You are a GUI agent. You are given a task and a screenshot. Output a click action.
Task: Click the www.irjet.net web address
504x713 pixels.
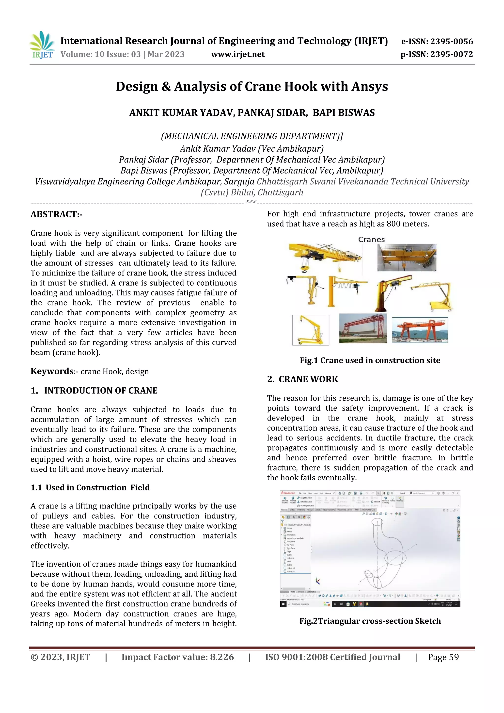click(238, 54)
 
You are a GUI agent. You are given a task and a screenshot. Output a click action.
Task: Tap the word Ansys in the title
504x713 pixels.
click(370, 86)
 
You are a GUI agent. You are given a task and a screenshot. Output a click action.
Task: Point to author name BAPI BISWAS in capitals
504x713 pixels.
click(344, 113)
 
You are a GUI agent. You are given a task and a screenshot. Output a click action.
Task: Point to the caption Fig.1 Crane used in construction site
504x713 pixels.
click(370, 360)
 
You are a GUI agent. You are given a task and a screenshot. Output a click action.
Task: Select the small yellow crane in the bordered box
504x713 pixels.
click(311, 330)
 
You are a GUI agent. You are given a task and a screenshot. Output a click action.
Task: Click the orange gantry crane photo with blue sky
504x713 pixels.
click(420, 330)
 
